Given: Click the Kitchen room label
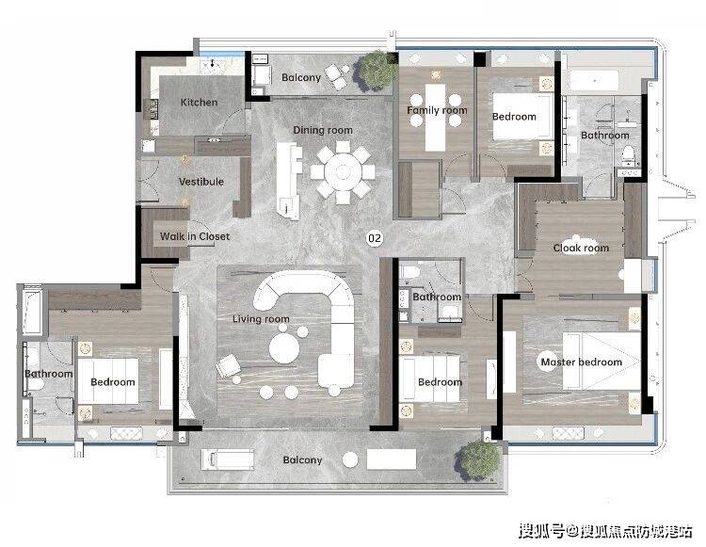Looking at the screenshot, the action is pos(199,103).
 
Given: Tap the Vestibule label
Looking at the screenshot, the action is pos(201,182).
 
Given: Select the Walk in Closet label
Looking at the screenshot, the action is pos(195,236).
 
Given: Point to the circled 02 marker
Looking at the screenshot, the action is pos(374,238).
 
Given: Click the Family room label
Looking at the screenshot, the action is pos(437,110).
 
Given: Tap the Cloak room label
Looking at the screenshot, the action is pos(581,248).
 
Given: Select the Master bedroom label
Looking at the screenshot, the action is pos(582,362).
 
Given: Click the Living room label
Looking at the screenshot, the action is pos(261,319).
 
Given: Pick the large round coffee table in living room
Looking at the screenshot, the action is pos(284,349).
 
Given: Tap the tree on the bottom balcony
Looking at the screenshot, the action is pos(478,460).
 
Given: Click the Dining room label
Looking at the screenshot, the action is pos(323,130).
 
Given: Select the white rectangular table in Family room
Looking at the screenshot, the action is pos(436,117).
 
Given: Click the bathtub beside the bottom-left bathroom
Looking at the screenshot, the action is pos(32,312).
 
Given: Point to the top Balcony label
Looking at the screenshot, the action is pos(301,77).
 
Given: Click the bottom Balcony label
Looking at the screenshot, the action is pos(302,460).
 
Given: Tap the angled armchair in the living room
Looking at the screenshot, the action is pos(228,366).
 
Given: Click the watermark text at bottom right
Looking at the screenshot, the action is pos(605,531).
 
